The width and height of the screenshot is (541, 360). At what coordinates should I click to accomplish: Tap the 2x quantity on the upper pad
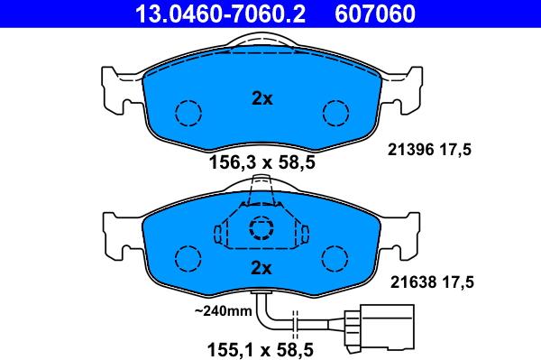pos(261,99)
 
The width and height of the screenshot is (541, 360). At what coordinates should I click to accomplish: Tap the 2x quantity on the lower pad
pos(261,268)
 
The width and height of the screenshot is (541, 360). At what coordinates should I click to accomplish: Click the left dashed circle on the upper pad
pos(188,113)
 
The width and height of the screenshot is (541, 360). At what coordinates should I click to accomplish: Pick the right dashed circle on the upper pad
pos(336,113)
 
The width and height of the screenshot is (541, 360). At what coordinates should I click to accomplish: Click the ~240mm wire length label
pos(222,311)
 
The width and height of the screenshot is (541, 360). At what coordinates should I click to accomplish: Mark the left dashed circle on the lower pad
pos(188,259)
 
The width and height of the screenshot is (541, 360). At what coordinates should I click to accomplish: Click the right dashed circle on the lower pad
pos(336,259)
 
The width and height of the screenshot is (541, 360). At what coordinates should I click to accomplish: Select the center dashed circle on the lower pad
pos(261,227)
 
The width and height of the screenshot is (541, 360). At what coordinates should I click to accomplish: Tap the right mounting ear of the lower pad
pos(407,230)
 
